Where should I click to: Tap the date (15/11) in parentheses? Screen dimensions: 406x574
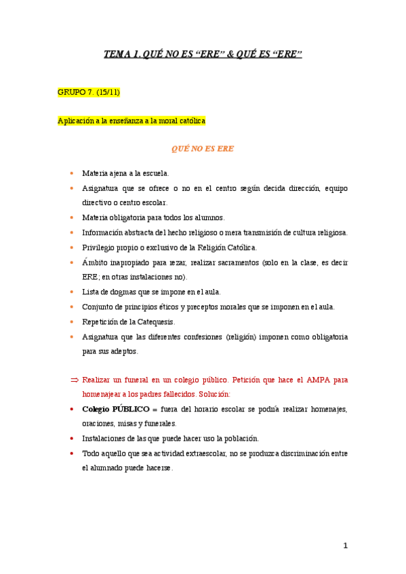click(108, 92)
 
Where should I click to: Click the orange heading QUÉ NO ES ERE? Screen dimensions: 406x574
click(203, 148)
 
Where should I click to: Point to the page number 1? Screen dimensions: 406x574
click(345, 546)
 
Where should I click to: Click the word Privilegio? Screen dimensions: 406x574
click(98, 247)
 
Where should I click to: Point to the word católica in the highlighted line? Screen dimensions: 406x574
click(190, 121)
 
